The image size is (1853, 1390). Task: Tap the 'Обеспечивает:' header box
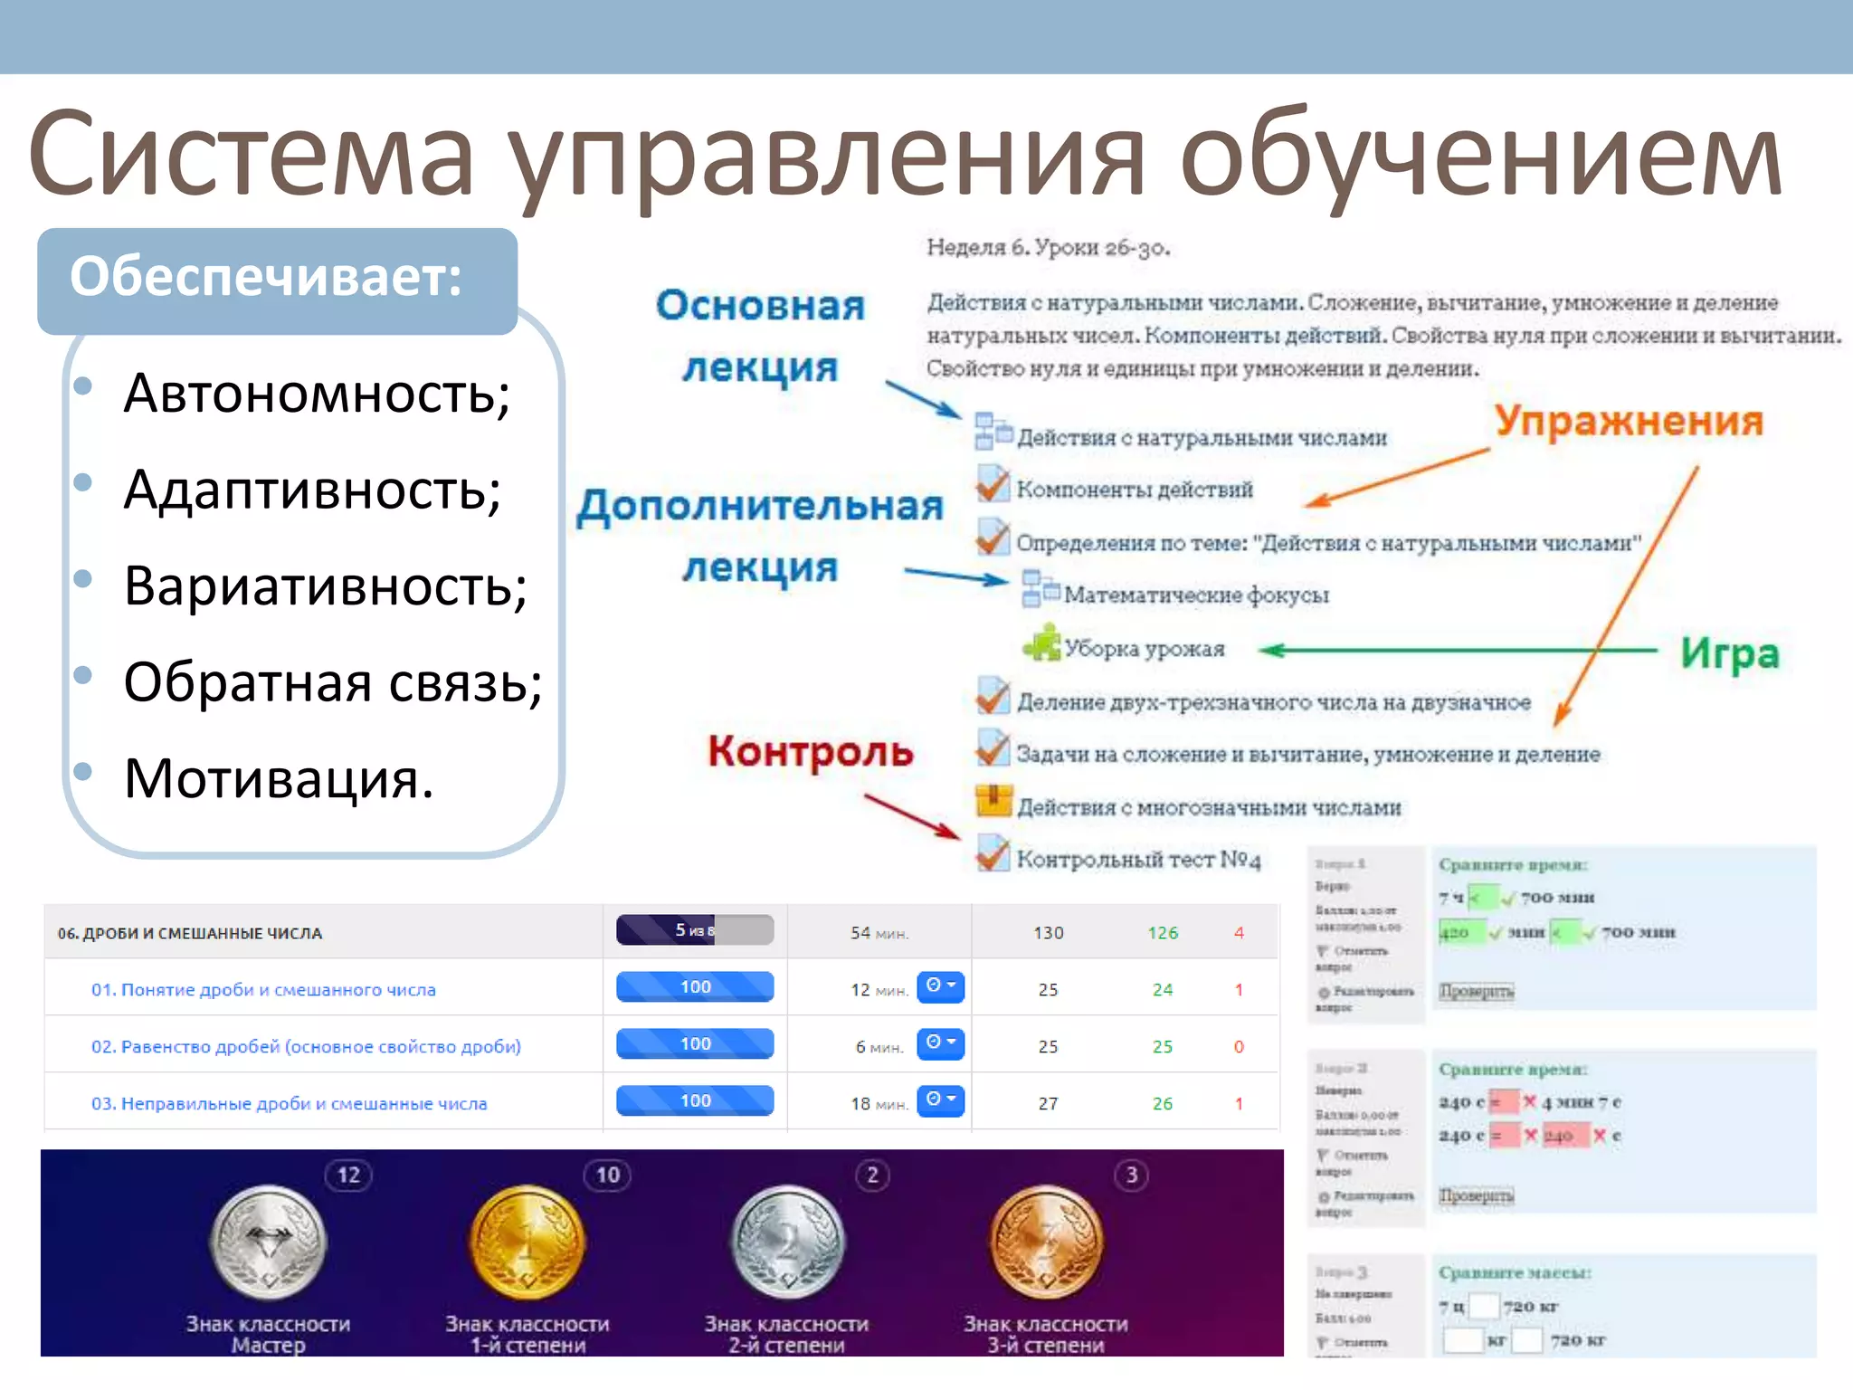pos(276,280)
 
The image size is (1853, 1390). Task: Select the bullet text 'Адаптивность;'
pos(311,490)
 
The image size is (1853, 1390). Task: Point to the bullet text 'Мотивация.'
pos(278,778)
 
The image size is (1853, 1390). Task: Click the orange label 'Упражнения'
pos(1628,421)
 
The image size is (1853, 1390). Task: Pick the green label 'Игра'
pos(1728,653)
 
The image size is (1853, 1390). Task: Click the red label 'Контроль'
pos(810,751)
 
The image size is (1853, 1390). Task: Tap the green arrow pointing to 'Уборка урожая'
pos(1457,650)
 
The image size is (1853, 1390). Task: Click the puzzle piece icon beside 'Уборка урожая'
pos(1041,643)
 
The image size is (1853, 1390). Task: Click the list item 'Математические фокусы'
pos(1195,595)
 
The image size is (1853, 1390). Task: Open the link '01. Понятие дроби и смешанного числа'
pos(262,990)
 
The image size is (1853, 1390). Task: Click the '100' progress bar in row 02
pos(694,1043)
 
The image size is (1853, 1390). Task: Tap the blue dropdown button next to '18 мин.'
pos(940,1100)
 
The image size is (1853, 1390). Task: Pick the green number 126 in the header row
pos(1162,933)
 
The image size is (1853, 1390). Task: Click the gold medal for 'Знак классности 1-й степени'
pos(527,1243)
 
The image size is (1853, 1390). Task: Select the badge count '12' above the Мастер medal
pos(348,1176)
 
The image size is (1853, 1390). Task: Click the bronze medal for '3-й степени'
pos(1046,1243)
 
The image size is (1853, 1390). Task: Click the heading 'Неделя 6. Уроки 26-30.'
pos(1048,248)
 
